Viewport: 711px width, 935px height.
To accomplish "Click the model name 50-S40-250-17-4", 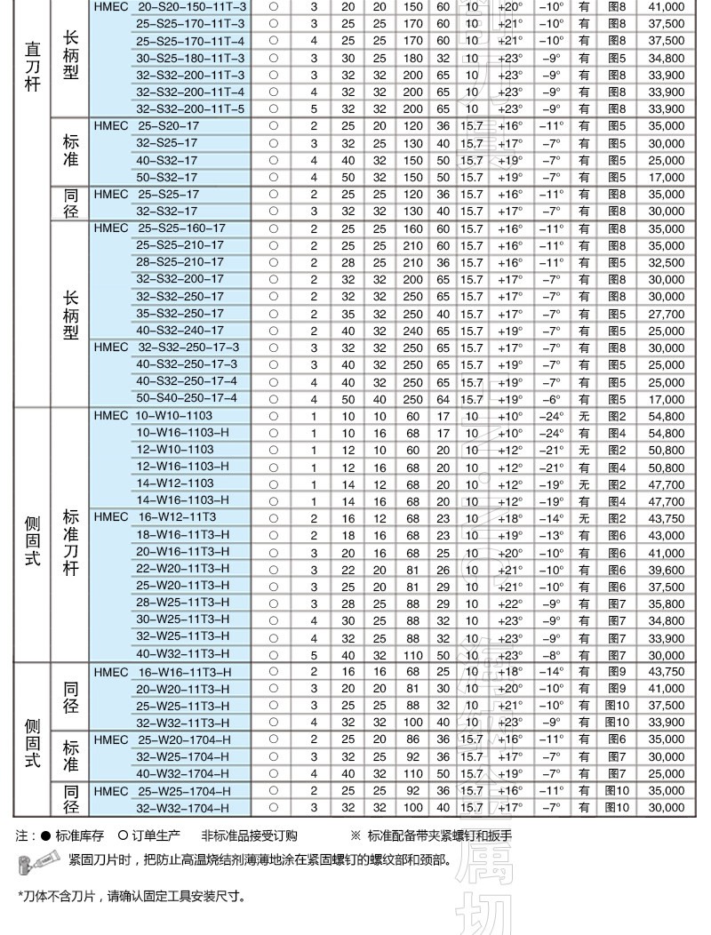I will tap(186, 398).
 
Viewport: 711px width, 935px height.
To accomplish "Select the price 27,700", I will tap(667, 314).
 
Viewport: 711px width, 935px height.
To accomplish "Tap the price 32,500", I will tap(667, 262).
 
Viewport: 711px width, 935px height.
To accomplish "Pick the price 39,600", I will tap(667, 569).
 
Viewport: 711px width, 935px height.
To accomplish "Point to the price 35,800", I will tap(667, 603).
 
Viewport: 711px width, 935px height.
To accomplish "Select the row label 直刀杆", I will tap(32, 62).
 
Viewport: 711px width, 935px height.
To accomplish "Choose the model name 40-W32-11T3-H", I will tap(182, 654).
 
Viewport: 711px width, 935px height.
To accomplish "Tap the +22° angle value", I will tap(509, 603).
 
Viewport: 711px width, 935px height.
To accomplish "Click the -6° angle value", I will tap(551, 398).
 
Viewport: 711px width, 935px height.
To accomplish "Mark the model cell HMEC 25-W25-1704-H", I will tap(162, 790).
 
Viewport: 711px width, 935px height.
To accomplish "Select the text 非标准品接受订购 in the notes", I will tap(249, 835).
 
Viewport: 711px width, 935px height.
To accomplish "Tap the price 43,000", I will tap(667, 535).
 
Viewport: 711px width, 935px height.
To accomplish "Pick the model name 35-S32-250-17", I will tap(180, 314).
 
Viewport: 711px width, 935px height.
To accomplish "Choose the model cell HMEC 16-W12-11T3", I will tap(154, 517).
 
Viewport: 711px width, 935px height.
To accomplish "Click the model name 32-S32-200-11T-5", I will tap(190, 108).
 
